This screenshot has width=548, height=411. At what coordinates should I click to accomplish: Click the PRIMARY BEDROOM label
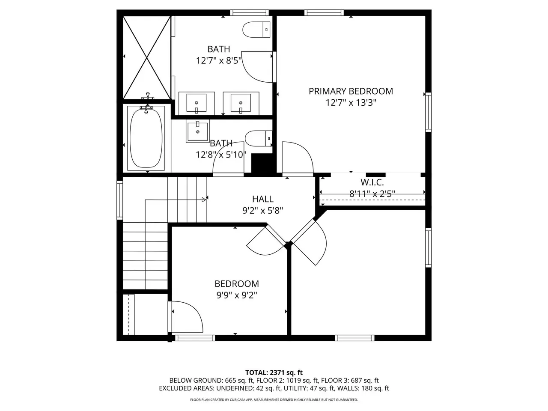tap(351, 91)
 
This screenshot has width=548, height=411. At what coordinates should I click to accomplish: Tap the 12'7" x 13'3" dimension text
tap(351, 103)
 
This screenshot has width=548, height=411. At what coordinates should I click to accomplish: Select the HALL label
tap(262, 199)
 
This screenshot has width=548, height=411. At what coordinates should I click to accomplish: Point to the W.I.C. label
tap(372, 182)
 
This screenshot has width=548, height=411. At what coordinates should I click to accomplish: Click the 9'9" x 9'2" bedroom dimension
tap(236, 295)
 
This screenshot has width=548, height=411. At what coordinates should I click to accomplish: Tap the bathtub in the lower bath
tap(146, 138)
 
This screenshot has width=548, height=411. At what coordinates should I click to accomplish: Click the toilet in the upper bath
tap(256, 30)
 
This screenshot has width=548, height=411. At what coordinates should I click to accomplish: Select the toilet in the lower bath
tap(259, 138)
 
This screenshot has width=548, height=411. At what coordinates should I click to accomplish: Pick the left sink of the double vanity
tap(197, 103)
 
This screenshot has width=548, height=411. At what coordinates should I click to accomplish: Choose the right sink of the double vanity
tap(241, 103)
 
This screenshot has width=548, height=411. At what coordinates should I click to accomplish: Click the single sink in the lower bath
tap(197, 131)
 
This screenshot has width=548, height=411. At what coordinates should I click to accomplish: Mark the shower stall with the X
tap(147, 57)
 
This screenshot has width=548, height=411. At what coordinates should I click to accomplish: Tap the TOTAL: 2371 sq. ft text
tap(274, 372)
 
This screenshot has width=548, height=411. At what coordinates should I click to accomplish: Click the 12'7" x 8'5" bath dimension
tap(219, 60)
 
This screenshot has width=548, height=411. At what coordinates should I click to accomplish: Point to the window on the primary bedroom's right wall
tap(428, 112)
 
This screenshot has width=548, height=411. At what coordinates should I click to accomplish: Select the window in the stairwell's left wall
tap(120, 200)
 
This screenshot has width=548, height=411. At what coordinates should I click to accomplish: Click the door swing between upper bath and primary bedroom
tap(257, 67)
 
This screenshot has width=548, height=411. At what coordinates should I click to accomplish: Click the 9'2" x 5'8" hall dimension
tap(262, 211)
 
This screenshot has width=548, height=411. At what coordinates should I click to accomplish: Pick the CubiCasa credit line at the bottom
tap(274, 400)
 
